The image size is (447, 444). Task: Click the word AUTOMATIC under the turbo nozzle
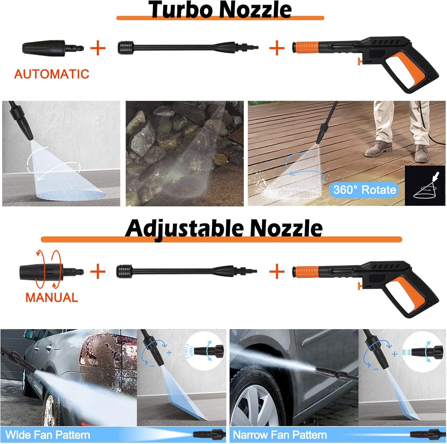click(x=51, y=74)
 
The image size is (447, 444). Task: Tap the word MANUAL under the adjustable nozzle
click(x=51, y=298)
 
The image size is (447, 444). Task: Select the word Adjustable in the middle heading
click(x=184, y=228)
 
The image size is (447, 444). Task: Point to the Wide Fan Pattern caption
click(x=48, y=435)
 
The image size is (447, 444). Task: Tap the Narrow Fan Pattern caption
click(x=280, y=435)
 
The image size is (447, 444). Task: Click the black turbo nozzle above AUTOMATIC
click(x=53, y=48)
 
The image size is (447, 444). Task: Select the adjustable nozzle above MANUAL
click(x=51, y=271)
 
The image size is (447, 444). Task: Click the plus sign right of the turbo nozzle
click(x=98, y=48)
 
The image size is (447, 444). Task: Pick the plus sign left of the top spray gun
click(x=277, y=48)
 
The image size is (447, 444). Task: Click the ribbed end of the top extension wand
click(x=126, y=48)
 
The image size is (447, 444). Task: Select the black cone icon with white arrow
click(x=425, y=185)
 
